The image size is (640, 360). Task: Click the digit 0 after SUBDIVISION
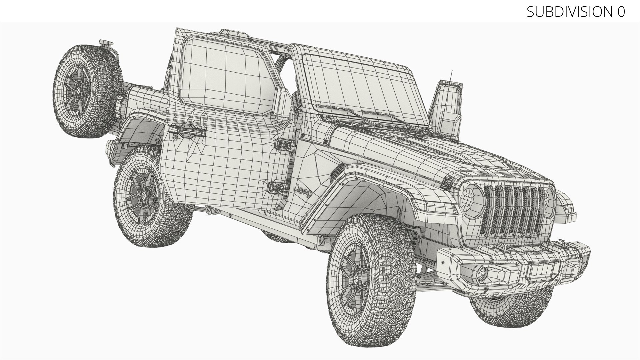click(620, 12)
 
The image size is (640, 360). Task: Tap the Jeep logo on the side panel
click(304, 192)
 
